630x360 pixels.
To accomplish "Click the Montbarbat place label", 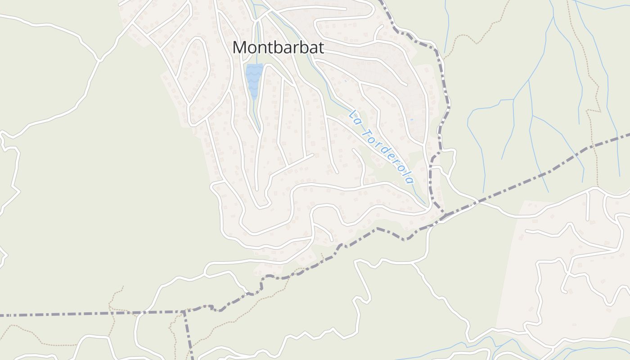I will pos(278,47).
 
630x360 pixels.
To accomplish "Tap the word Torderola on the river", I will pos(387,153).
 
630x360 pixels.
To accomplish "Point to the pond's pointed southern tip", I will pos(254,99).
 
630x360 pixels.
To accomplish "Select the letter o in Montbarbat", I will pos(252,48).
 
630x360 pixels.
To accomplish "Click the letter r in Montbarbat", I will pos(300,48).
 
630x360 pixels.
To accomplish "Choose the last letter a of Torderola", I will pos(409,180).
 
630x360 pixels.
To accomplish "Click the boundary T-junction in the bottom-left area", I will pos(184,311).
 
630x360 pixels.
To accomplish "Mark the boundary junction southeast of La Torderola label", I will pos(443,214).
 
